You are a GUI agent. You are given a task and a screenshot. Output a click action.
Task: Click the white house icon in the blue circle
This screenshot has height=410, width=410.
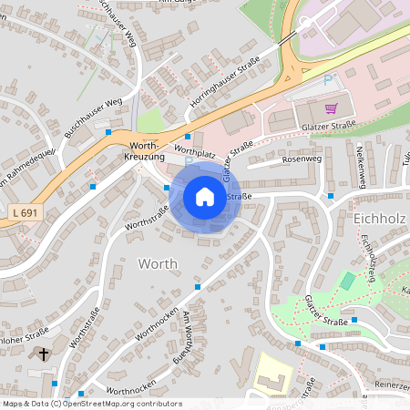click(205, 197)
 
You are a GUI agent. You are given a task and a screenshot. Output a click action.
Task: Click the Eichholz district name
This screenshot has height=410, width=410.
click(378, 219)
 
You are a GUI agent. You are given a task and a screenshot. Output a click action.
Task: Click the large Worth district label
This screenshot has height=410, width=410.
click(158, 263)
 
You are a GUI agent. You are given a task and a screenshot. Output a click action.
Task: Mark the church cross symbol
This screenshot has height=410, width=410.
click(42, 353)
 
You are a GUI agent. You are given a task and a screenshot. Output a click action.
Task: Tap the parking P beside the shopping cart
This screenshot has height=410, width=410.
click(328, 80)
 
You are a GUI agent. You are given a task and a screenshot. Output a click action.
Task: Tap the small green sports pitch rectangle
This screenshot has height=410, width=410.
click(346, 281)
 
